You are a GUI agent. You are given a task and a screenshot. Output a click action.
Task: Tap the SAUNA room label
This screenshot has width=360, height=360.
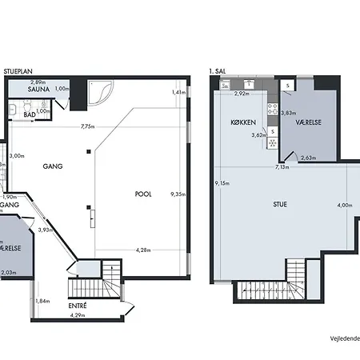[x=40, y=90]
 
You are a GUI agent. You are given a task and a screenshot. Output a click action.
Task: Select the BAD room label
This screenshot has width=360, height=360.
[x=29, y=114]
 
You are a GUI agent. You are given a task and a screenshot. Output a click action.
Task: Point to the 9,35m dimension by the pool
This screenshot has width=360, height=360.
[x=178, y=193]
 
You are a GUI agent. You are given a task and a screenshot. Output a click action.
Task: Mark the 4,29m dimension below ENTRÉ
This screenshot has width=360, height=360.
[x=78, y=316]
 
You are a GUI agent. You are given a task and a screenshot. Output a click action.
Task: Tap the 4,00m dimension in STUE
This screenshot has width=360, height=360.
[x=344, y=206]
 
